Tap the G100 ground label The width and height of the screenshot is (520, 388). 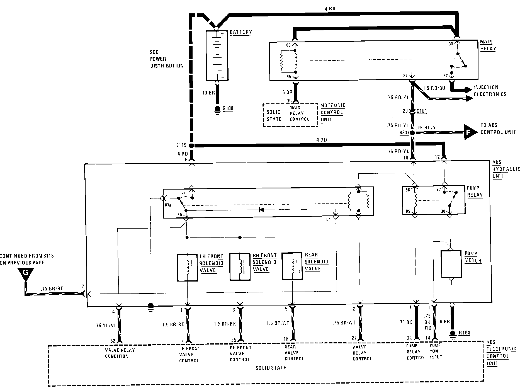[x=228, y=109]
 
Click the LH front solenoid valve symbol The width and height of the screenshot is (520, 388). [x=187, y=267]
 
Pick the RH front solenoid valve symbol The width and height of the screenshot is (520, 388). [x=240, y=266]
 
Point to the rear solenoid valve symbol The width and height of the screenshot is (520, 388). [x=292, y=266]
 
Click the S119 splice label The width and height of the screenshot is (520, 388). [x=181, y=145]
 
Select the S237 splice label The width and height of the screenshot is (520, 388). [x=404, y=133]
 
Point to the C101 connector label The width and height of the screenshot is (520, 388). [x=421, y=111]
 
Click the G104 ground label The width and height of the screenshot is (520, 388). [x=464, y=333]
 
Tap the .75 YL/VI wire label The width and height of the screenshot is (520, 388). [x=105, y=325]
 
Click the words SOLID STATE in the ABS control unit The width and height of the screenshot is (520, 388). [x=271, y=368]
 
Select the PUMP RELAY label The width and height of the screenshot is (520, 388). [x=475, y=191]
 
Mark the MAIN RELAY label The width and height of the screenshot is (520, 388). [x=488, y=45]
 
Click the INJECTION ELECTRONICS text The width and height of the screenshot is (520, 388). [x=490, y=91]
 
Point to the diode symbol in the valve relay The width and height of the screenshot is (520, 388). [x=261, y=210]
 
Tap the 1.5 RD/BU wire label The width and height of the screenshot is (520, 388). [x=434, y=88]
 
